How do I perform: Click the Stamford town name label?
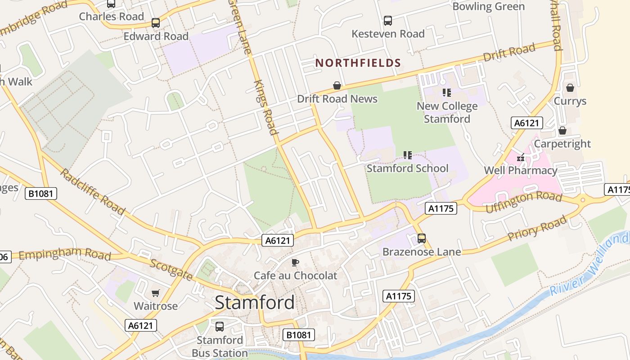tap(255, 302)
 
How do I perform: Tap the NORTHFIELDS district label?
tap(358, 63)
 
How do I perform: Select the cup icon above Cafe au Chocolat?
tap(295, 262)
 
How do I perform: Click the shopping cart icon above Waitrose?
tap(156, 293)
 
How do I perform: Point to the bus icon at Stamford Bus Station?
tap(220, 327)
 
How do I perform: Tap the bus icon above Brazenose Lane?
tap(422, 238)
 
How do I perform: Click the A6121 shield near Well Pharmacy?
tap(527, 123)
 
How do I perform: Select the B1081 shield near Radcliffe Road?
tap(41, 194)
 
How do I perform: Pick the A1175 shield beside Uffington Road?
tap(441, 208)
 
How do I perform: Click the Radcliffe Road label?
tap(92, 192)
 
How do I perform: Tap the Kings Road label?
tap(265, 108)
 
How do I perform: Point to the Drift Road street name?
tap(509, 53)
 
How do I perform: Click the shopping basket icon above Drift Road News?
tap(337, 85)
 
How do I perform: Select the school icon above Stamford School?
tap(408, 155)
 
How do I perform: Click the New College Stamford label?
tap(447, 112)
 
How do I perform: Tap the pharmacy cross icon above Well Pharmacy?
tap(521, 158)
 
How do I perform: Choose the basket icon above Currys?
tap(570, 88)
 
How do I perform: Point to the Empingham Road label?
tap(65, 254)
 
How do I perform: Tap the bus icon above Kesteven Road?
tap(388, 21)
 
